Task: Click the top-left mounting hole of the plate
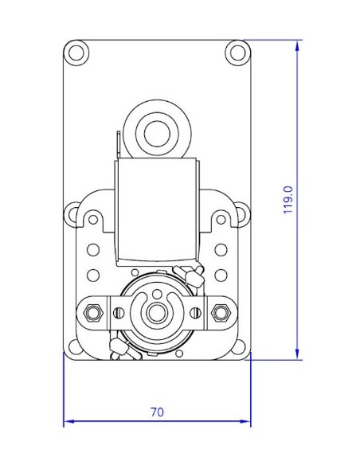click(77, 53)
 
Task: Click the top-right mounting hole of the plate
click(237, 53)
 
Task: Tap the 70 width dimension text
click(157, 412)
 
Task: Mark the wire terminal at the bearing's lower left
click(118, 344)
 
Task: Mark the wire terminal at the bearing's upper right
click(194, 275)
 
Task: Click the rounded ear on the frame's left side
click(72, 213)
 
